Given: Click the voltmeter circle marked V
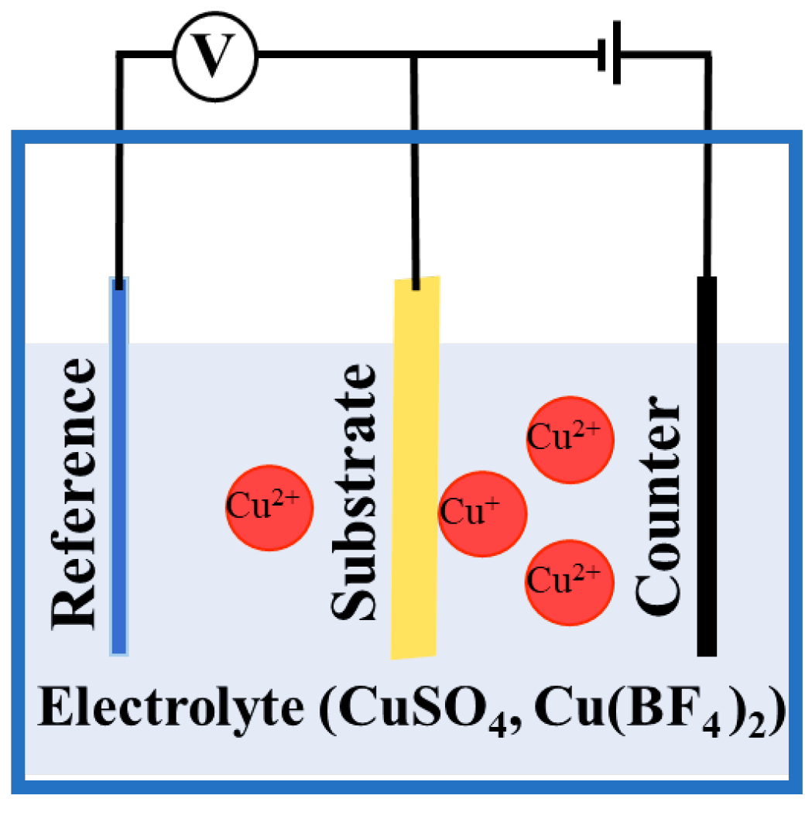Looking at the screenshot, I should (214, 55).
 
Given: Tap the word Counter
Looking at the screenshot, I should (657, 503).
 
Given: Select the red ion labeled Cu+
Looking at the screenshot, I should (481, 513).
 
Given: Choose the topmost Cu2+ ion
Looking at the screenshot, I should (570, 439).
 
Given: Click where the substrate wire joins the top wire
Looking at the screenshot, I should (415, 55).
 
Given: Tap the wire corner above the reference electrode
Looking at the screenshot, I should (118, 55).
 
